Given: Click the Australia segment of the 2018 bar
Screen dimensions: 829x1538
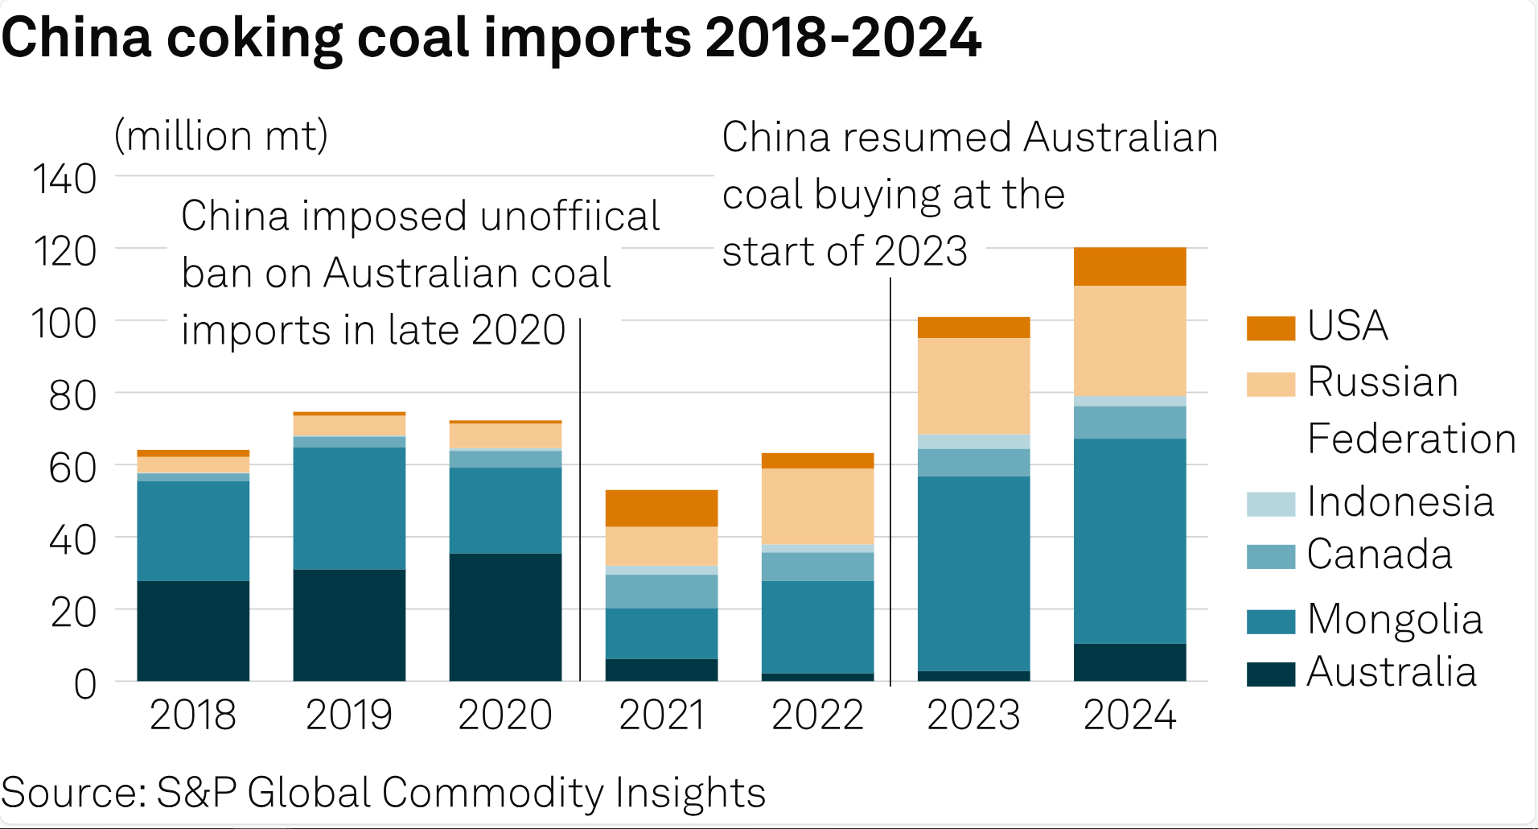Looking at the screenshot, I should [193, 630].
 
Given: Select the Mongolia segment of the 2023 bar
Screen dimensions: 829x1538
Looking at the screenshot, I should [973, 573].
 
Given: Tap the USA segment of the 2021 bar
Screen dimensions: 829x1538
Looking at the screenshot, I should [661, 508].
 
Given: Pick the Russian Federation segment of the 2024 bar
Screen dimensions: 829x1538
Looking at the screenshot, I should [1129, 340].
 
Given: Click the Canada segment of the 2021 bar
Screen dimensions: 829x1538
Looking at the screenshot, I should [661, 591].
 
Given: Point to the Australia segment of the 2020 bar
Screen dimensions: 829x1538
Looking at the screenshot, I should [505, 617].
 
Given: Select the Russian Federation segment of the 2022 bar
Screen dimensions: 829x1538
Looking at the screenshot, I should [817, 506].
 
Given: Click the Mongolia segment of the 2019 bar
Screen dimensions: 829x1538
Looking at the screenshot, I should [349, 508].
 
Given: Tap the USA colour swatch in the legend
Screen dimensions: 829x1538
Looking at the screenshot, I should [1270, 328].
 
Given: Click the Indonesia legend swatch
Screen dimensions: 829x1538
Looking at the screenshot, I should [1270, 504].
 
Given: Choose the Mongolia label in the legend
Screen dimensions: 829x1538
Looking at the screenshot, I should [1395, 620].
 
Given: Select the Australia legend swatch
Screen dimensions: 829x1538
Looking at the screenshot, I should [1270, 674].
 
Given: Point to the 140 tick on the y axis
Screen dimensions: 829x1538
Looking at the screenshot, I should [64, 179].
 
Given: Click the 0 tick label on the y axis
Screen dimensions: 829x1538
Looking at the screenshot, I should [84, 685].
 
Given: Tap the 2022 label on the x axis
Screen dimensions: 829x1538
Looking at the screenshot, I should [817, 715].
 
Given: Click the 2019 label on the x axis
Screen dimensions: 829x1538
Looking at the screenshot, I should [349, 715].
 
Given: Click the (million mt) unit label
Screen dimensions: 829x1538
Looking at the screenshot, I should [221, 135].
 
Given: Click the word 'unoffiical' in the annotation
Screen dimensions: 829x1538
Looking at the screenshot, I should [570, 216].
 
